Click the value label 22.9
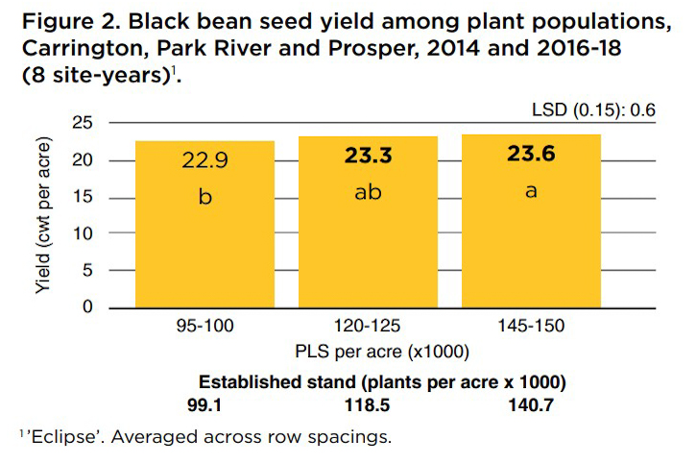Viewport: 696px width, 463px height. click(205, 159)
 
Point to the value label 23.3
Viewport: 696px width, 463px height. click(369, 157)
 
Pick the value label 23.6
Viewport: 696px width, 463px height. click(531, 155)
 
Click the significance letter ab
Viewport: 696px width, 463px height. click(369, 192)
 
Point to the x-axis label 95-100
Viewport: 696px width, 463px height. click(204, 329)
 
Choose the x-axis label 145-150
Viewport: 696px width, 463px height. click(531, 329)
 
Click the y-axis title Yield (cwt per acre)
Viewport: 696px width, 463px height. click(46, 215)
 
